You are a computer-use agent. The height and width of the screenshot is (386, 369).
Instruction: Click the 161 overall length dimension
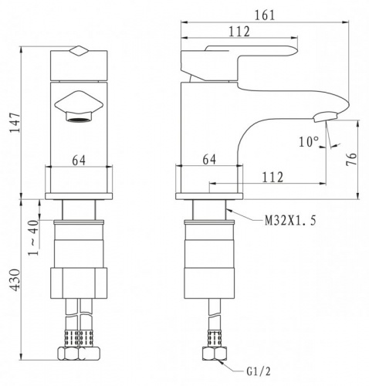coord(265,15)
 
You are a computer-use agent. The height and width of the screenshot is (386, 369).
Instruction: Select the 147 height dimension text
coord(15,123)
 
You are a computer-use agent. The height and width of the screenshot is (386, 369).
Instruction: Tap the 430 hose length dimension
coord(15,280)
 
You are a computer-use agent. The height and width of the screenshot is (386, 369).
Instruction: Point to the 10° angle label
coord(309,141)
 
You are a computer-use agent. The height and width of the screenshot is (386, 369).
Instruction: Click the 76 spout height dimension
coord(351,159)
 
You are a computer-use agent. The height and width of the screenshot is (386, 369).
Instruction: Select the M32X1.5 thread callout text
coord(290,221)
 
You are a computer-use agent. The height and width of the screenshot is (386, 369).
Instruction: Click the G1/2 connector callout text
coord(259,371)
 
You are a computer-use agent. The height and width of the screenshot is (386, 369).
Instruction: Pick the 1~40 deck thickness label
coord(33,238)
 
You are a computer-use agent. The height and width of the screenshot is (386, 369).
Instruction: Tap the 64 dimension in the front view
coord(79,161)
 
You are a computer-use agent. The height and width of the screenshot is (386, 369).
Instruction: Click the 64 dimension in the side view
coord(209,160)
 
